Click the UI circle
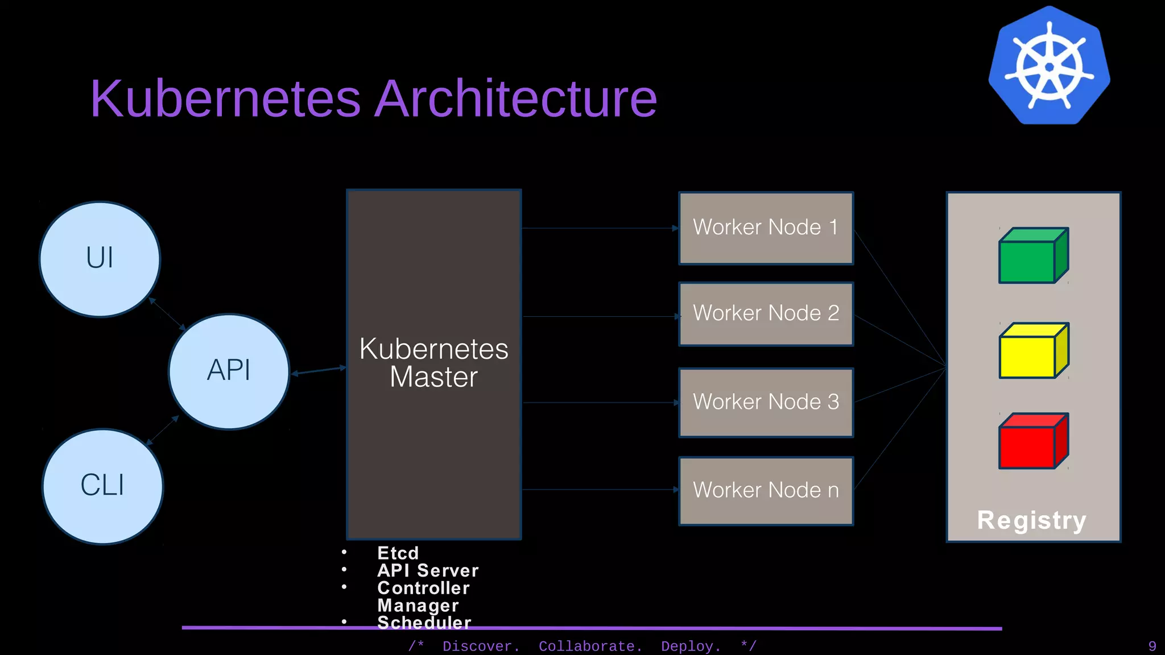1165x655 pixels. (100, 259)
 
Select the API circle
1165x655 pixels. (229, 371)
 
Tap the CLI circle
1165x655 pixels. (102, 486)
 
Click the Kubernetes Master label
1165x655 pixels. (433, 363)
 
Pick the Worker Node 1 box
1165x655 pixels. (766, 227)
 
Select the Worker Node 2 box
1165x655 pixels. (766, 313)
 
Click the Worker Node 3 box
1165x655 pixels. (766, 402)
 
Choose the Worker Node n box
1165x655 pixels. (766, 490)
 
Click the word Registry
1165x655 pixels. (1031, 520)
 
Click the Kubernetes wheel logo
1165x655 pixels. (1050, 65)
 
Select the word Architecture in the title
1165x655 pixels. (516, 99)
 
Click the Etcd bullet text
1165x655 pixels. (398, 553)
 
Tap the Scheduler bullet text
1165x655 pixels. (424, 622)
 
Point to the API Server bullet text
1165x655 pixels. (428, 570)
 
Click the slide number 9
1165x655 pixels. (1152, 646)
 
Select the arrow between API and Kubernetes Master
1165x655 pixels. (319, 371)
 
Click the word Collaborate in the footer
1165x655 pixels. (590, 646)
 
